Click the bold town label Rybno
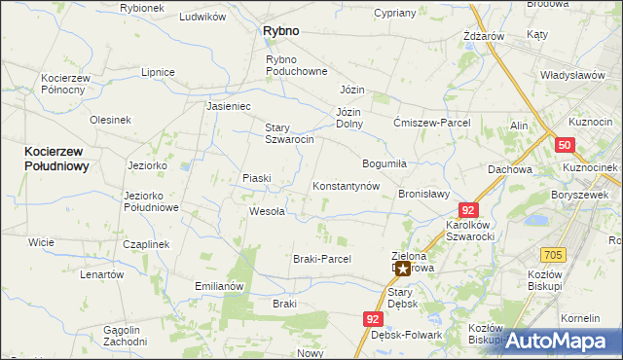point(280,31)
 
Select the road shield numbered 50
point(566,145)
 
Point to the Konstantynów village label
point(345,186)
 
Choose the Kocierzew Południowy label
point(56,159)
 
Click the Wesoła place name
point(267,211)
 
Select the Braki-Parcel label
point(321,259)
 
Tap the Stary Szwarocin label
point(289,133)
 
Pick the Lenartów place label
point(102,274)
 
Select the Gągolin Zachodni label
point(125,336)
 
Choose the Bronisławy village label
point(423,194)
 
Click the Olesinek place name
point(110,120)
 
